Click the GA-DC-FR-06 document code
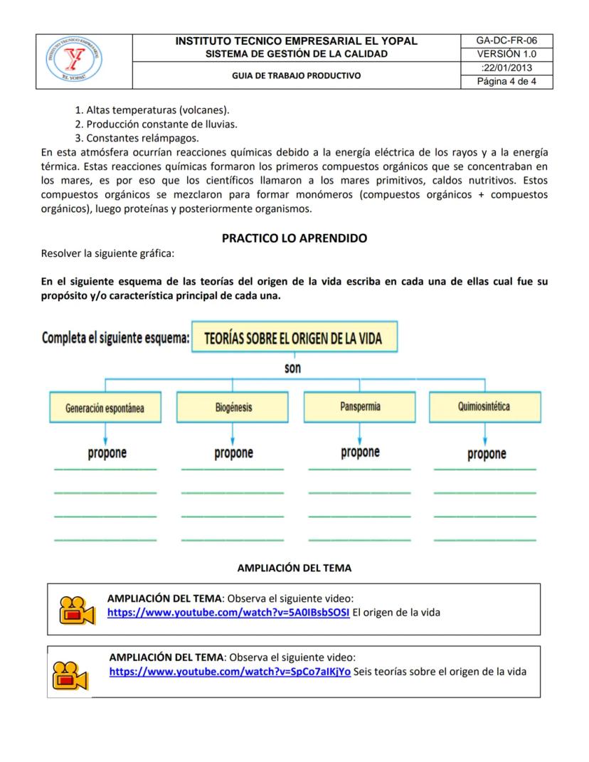506,41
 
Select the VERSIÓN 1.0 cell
506,54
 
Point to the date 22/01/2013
506,68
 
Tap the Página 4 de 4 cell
506,81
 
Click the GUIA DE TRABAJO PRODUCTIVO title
296,75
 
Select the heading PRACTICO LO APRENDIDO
294,238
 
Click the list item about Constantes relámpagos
137,137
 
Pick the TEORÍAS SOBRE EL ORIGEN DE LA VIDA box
293,339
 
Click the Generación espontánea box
105,408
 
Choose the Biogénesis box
233,408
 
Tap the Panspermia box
360,407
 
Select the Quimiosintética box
484,407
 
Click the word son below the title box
292,368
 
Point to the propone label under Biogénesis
233,453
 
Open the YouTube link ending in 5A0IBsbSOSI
228,613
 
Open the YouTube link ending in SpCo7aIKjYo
230,672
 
